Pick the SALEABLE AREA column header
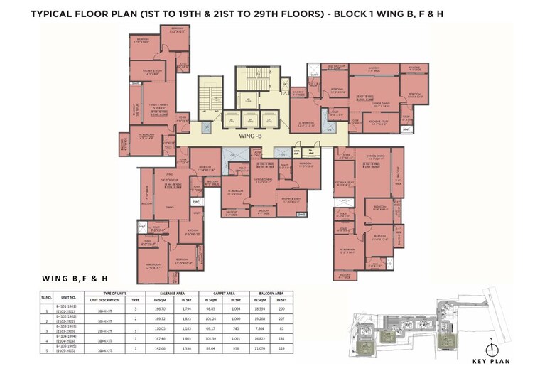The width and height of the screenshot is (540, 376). tap(169, 293)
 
